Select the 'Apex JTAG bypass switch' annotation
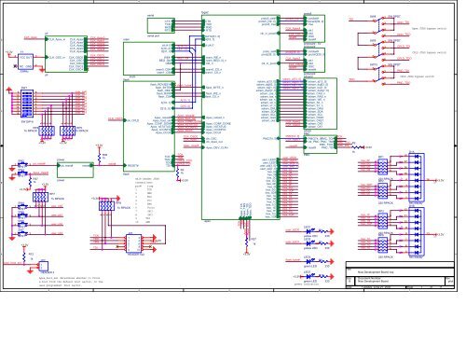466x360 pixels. (428, 29)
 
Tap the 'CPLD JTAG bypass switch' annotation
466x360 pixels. (428, 53)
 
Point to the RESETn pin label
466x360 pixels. (135, 163)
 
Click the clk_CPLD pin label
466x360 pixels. (135, 120)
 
